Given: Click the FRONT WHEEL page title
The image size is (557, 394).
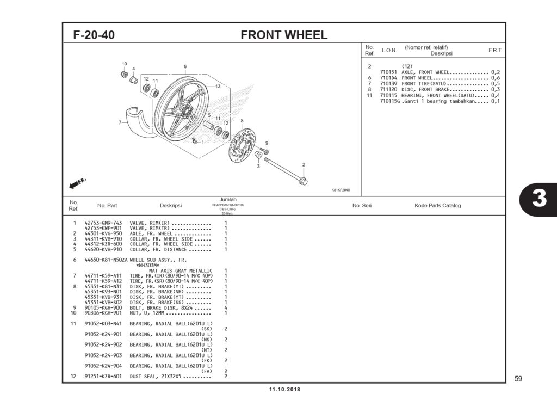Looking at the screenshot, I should (x=284, y=35).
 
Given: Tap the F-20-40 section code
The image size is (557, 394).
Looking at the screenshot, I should (x=94, y=35).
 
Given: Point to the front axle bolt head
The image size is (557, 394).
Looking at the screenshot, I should (x=303, y=181).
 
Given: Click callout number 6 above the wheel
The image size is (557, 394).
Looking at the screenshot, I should (x=185, y=66).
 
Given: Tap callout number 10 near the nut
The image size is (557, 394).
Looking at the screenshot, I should (x=124, y=64).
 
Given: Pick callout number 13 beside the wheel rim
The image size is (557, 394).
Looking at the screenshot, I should (x=217, y=87).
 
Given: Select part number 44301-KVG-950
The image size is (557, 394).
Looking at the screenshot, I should (x=103, y=233).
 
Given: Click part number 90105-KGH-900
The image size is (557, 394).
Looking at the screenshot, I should (x=103, y=307).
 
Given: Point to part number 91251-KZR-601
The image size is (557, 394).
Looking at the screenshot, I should (x=103, y=377).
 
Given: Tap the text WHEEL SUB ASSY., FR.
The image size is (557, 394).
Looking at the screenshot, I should (x=154, y=260).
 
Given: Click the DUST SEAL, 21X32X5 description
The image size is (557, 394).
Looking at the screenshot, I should (x=158, y=377).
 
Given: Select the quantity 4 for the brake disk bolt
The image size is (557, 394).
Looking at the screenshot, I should (x=226, y=307).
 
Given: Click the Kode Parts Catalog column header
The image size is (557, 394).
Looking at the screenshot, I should (x=437, y=206).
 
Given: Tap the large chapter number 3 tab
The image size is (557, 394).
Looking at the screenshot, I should (x=538, y=199).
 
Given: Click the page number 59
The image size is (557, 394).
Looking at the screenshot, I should (x=518, y=378).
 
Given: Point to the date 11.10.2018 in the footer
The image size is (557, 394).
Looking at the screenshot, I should (x=284, y=390).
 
